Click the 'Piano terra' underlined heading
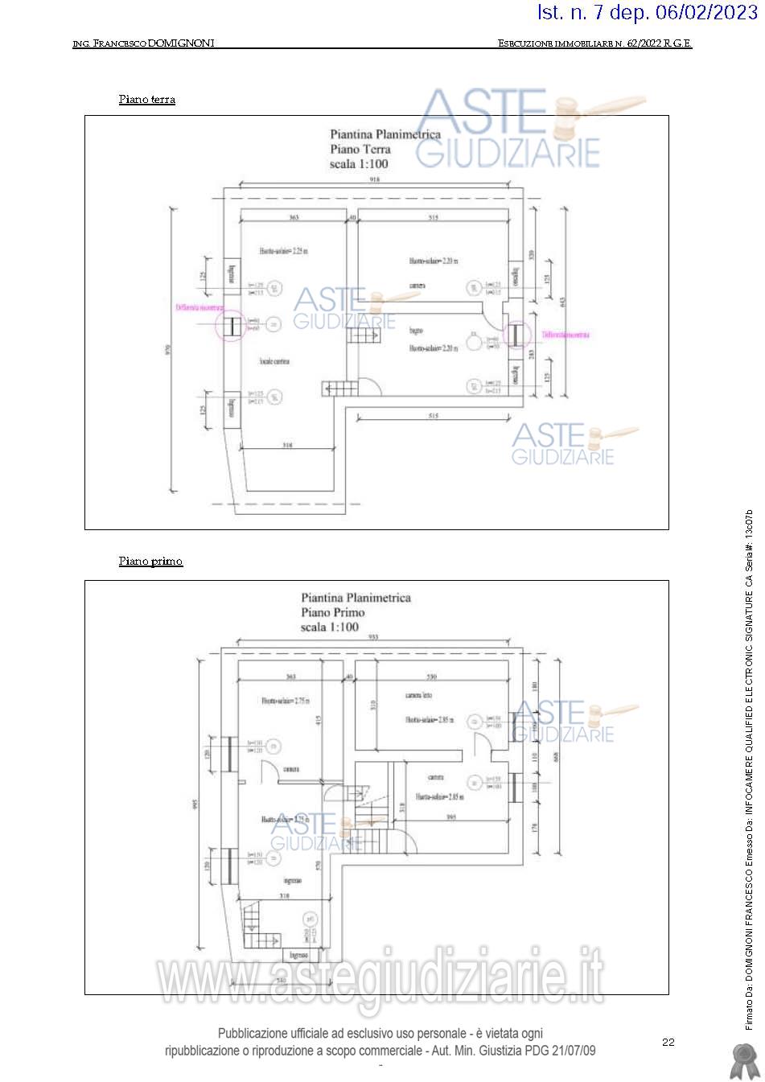pos(146,100)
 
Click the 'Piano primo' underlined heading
pos(150,561)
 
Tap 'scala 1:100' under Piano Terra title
pos(359,164)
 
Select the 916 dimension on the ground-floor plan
pos(374,181)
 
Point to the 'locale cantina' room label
pos(274,361)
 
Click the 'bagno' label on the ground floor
pos(416,331)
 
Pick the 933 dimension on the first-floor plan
pos(372,636)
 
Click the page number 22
pos(668,1042)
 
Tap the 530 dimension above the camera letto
pos(431,677)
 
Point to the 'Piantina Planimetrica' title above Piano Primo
pos(356,598)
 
